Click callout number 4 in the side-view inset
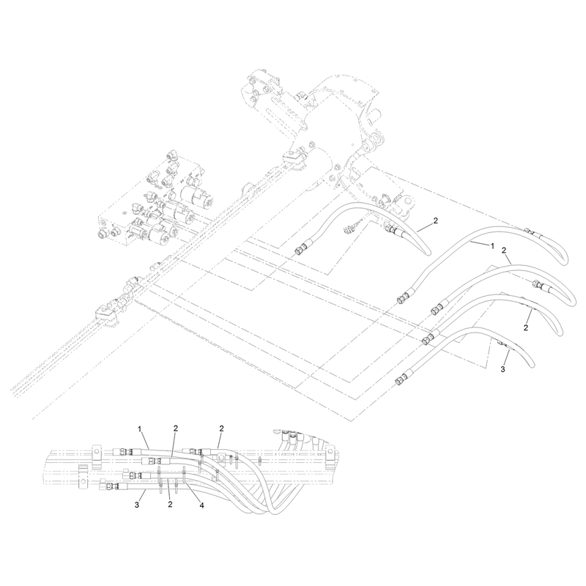(202, 505)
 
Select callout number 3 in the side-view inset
(137, 505)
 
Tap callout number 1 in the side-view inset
(140, 429)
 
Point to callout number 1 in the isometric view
(492, 246)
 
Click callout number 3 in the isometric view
(502, 369)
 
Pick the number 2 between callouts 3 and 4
(170, 505)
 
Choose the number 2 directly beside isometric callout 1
(504, 251)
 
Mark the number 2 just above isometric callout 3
(526, 327)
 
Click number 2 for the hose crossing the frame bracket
(435, 220)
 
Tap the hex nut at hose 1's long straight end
(402, 299)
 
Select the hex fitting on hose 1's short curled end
(527, 231)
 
